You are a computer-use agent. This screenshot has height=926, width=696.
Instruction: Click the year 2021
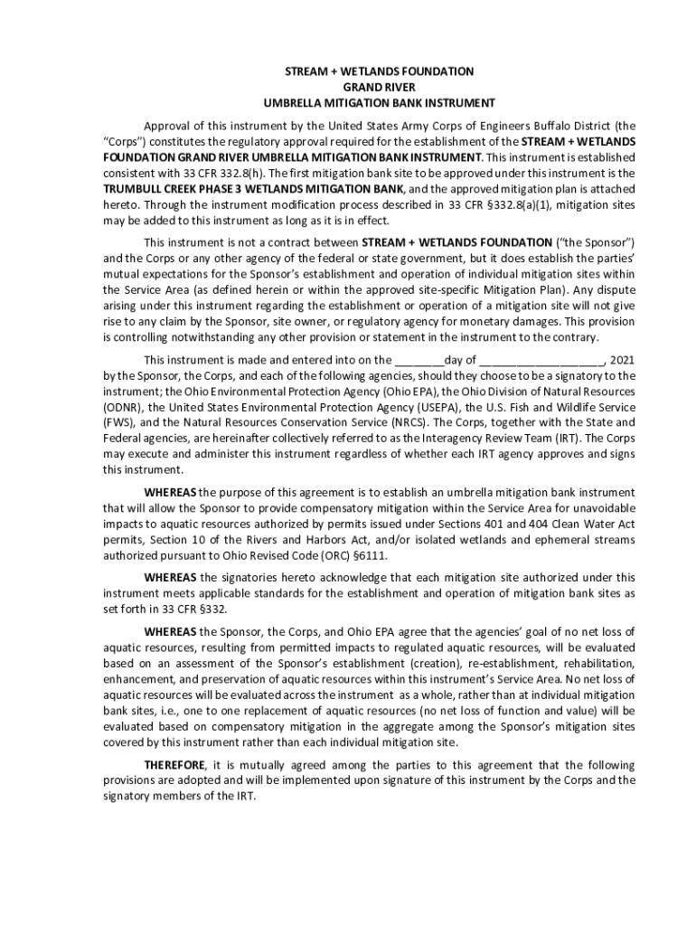[x=624, y=359]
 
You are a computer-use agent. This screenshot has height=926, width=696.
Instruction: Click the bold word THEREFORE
[x=175, y=764]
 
